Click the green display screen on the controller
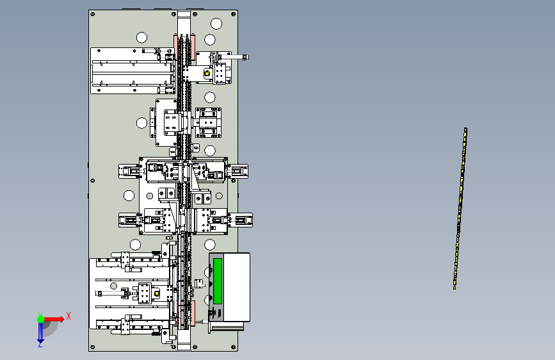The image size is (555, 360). (x=218, y=281)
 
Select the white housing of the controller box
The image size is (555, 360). (x=236, y=287)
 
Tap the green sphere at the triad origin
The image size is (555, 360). (x=41, y=319)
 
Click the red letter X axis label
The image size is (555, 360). (x=68, y=316)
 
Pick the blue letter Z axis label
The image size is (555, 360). (x=40, y=344)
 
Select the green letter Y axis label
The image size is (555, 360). (x=40, y=315)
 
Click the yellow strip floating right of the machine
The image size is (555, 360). (x=460, y=208)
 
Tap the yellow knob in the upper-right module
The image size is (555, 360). (x=207, y=74)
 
